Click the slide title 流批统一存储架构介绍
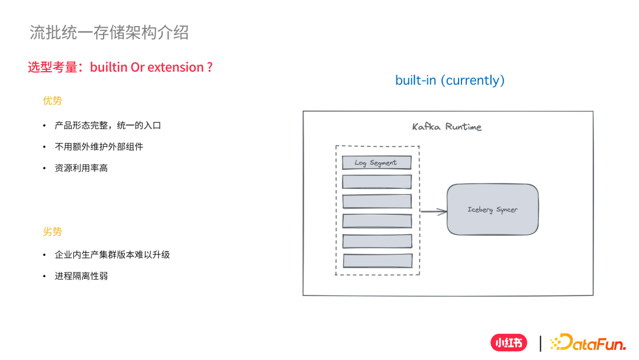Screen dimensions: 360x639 [x=109, y=33]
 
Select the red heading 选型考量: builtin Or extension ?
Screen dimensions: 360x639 [x=120, y=67]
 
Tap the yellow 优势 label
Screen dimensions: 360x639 [x=52, y=101]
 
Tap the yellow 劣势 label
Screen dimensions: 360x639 [x=52, y=232]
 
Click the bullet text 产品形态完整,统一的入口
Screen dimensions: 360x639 [x=108, y=126]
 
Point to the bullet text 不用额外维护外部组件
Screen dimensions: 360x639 [x=99, y=146]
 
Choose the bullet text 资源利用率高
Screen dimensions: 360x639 [x=81, y=168]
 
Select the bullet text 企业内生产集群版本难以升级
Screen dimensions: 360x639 [x=112, y=255]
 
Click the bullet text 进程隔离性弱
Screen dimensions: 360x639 [x=81, y=276]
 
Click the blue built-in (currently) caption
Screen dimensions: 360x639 [x=450, y=80]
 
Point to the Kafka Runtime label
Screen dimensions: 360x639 [x=447, y=127]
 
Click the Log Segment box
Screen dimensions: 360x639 [x=376, y=163]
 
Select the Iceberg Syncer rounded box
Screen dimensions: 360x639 [x=492, y=210]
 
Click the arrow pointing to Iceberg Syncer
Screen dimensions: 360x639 [x=433, y=211]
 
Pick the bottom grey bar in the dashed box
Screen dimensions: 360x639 [x=377, y=261]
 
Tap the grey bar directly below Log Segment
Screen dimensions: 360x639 [x=377, y=182]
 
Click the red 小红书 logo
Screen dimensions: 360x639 [x=508, y=343]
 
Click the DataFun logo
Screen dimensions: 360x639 [x=588, y=342]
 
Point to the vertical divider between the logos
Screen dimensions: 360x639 [x=540, y=343]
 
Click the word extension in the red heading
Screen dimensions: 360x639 [x=175, y=67]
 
